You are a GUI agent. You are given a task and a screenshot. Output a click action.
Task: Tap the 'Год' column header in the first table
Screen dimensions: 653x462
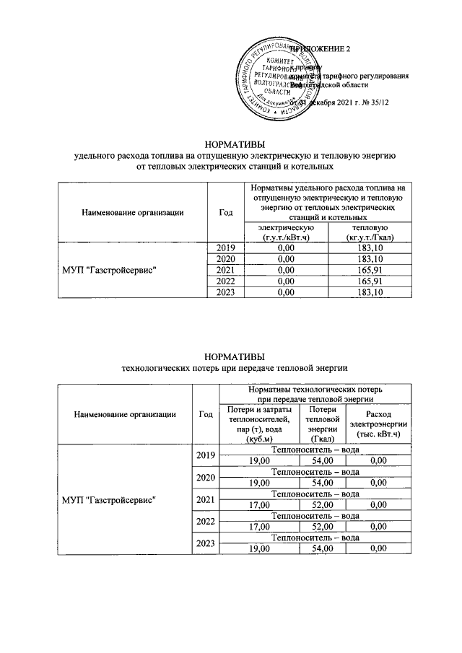225,212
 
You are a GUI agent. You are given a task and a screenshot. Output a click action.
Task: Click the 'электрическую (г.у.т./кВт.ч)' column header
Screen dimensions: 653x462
287,232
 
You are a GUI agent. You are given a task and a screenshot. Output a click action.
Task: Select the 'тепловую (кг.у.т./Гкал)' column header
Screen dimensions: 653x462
368,232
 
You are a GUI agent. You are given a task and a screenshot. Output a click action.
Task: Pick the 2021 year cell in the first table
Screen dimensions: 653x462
225,269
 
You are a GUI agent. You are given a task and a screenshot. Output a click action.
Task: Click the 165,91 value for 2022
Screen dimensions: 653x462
368,280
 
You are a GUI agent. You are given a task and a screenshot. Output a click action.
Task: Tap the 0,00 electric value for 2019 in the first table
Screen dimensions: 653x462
287,247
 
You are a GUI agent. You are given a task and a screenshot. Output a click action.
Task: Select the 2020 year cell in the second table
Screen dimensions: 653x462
205,477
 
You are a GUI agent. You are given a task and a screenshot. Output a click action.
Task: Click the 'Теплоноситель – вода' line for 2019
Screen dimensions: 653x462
315,450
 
